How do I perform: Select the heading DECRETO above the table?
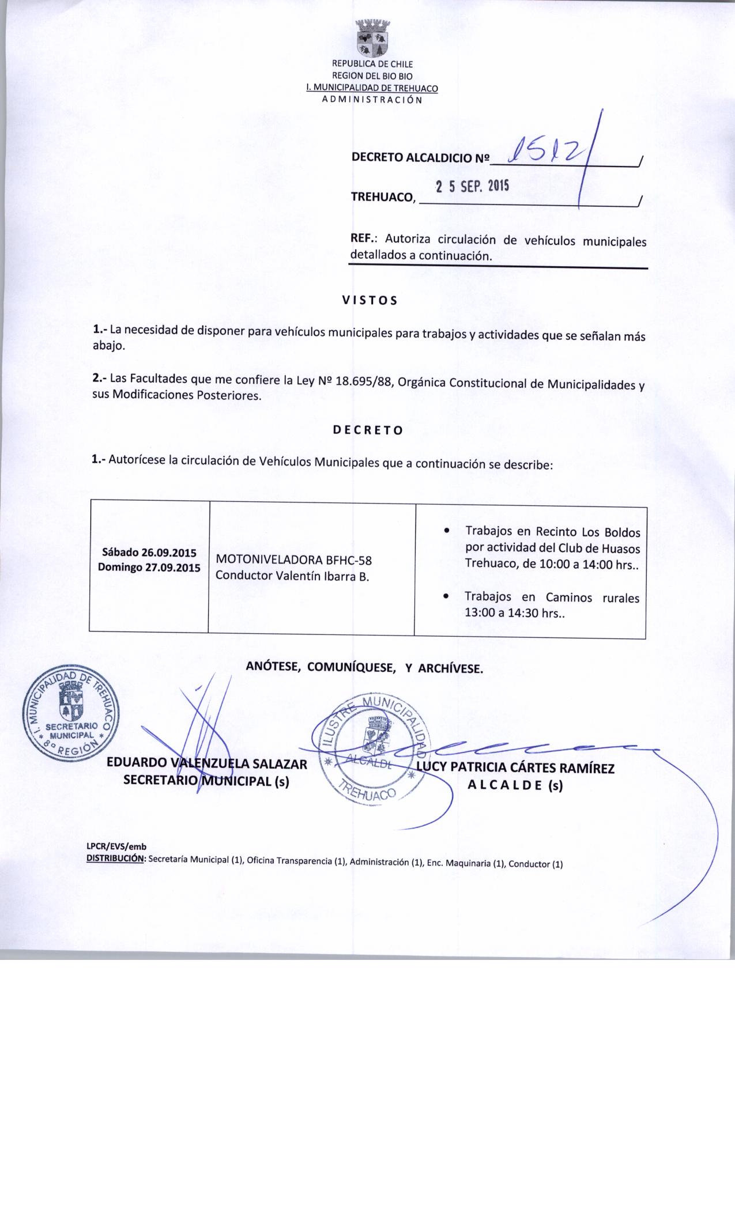(x=368, y=430)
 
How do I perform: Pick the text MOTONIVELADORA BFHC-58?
(x=297, y=559)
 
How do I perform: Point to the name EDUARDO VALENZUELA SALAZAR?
(x=207, y=765)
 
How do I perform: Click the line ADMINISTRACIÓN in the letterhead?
(x=372, y=100)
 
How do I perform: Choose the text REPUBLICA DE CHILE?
(x=372, y=64)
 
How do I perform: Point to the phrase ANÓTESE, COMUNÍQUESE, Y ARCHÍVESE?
(x=364, y=668)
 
